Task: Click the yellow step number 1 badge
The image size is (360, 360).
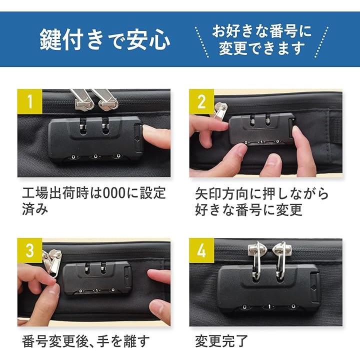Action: (30, 101)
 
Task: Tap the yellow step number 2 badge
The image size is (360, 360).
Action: (201, 101)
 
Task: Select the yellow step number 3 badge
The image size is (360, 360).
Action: (30, 250)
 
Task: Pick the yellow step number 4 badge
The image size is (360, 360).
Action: (201, 250)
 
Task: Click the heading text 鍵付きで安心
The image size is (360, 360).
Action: (105, 39)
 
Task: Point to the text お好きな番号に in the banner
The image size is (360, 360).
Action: (261, 31)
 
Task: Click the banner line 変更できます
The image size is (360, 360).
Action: (261, 48)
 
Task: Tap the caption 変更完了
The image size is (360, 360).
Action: (221, 341)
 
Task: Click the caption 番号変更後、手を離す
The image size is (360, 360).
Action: (86, 341)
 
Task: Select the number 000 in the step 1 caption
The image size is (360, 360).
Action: (114, 193)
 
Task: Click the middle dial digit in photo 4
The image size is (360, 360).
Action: (269, 306)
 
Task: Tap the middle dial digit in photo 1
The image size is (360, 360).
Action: (95, 156)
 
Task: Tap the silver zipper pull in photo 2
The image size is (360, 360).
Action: (220, 110)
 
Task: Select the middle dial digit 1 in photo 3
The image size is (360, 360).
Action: (96, 290)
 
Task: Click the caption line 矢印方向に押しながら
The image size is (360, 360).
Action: (261, 193)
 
